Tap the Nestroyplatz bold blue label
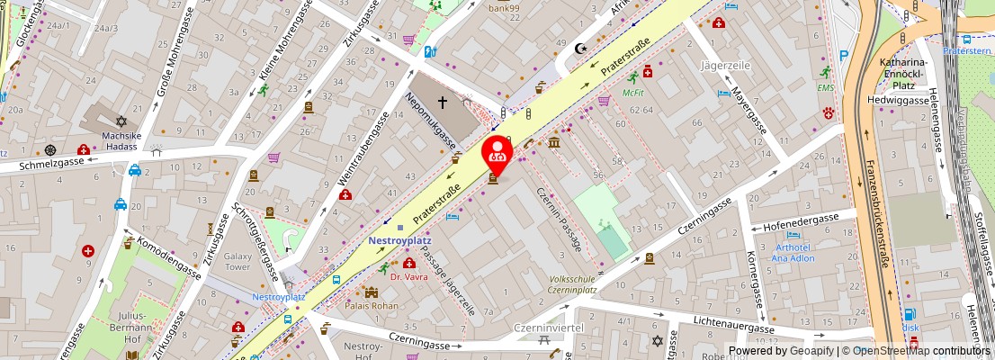click(x=400, y=241)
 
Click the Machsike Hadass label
click(x=121, y=141)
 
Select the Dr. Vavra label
click(x=409, y=276)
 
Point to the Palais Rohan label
click(x=371, y=305)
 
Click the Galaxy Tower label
click(x=238, y=261)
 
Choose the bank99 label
click(x=506, y=9)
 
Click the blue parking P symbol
click(x=843, y=56)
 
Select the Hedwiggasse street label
click(x=898, y=100)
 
